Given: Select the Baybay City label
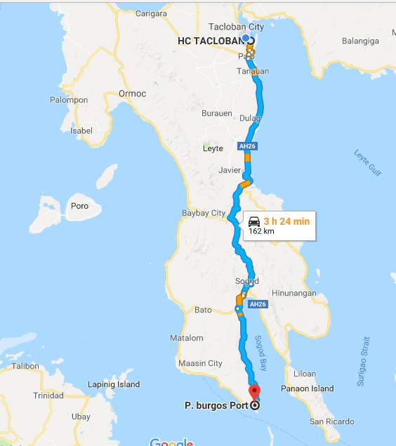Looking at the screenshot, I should tap(204, 213).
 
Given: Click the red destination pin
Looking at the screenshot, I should tap(254, 392).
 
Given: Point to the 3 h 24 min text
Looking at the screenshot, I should tap(286, 221).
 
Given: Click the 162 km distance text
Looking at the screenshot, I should tap(261, 230).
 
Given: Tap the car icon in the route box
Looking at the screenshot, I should tap(254, 221).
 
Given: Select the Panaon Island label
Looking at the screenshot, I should tap(312, 388).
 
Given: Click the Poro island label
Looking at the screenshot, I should tap(79, 206).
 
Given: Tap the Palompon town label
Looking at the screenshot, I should tap(69, 100).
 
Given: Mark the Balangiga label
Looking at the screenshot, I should tap(359, 41).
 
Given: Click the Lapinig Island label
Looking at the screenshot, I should tap(114, 384).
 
